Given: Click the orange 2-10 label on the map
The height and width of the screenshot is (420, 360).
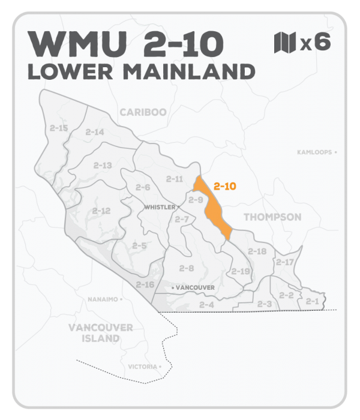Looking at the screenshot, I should pyautogui.click(x=224, y=187).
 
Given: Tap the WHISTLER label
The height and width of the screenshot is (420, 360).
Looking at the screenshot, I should pyautogui.click(x=159, y=207).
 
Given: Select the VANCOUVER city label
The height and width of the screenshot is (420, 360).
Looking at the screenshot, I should pyautogui.click(x=195, y=288).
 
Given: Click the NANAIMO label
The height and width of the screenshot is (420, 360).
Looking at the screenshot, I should pyautogui.click(x=103, y=298).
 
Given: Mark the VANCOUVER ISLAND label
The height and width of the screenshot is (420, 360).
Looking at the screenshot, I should pyautogui.click(x=100, y=332).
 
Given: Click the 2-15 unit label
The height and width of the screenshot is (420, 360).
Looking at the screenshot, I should pyautogui.click(x=59, y=128).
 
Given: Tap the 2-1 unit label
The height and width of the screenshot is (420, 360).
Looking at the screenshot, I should pyautogui.click(x=312, y=301).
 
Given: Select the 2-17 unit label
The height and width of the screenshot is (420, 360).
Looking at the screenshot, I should pyautogui.click(x=284, y=262).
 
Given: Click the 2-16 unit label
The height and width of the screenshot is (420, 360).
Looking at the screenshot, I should pyautogui.click(x=145, y=284).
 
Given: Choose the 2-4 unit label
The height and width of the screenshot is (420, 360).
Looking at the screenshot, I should pyautogui.click(x=206, y=305).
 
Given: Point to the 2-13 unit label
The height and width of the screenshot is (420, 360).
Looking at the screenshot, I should pyautogui.click(x=103, y=165).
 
